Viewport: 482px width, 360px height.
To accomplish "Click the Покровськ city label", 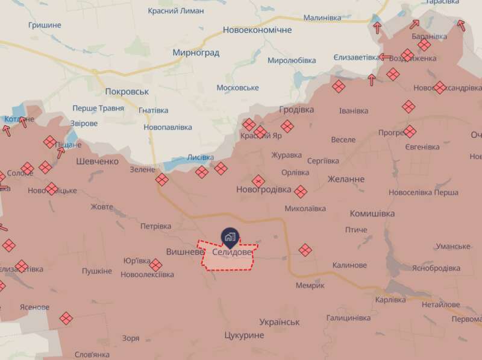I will point(127,92).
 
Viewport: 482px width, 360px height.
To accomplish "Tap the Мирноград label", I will point(196,52).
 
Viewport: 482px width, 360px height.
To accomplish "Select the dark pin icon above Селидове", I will point(230,235).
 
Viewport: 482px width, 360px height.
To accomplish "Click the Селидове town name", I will point(233,251).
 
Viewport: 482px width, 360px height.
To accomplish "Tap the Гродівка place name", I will point(297,110).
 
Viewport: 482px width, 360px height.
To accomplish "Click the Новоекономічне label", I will point(257,30).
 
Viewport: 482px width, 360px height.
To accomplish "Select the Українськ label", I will point(280,322).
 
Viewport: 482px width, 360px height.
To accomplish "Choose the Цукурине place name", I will point(243,335).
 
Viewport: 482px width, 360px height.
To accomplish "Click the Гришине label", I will point(45,25).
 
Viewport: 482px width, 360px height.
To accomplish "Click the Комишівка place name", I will point(372,214).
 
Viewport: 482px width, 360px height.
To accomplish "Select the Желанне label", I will point(346,179).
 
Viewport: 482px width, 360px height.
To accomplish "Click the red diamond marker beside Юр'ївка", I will point(156,265).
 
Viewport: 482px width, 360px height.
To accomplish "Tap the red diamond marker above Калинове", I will point(305,250).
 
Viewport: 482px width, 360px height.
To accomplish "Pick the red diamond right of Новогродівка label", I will point(301,192).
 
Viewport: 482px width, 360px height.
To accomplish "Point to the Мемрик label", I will point(310,285).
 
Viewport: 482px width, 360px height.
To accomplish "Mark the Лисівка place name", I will point(200,157).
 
